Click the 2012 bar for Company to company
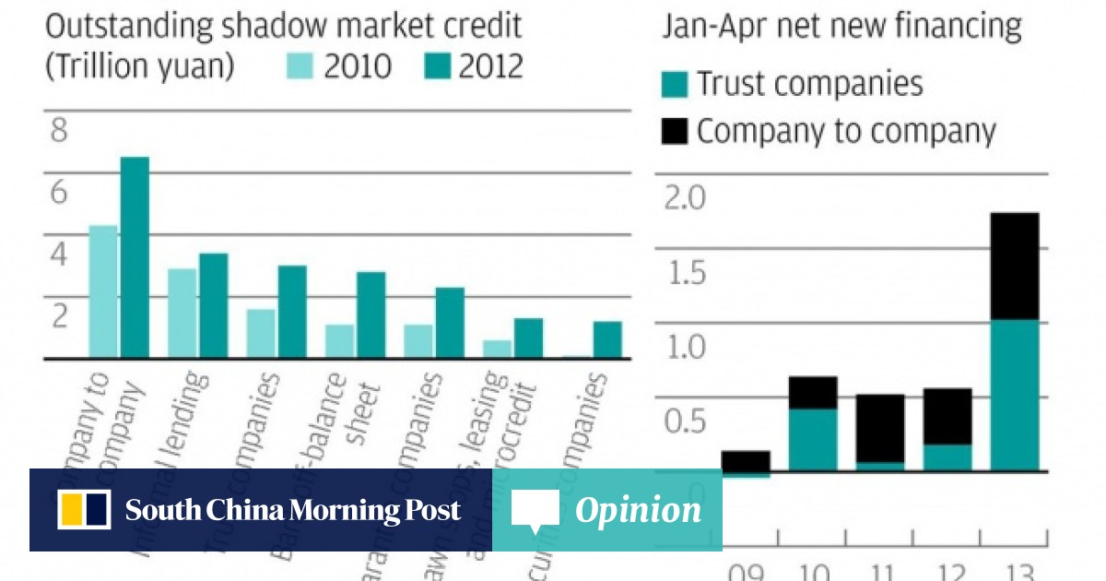135,257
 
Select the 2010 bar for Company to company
102,291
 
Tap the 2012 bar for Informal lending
213,305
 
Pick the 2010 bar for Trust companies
260,333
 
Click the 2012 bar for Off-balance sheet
371,314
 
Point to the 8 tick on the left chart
59,132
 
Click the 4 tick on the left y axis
59,255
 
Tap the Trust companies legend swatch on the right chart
675,85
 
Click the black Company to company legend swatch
675,131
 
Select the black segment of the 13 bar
1014,267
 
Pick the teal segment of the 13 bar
1014,395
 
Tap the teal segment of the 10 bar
813,440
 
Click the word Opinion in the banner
638,510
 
